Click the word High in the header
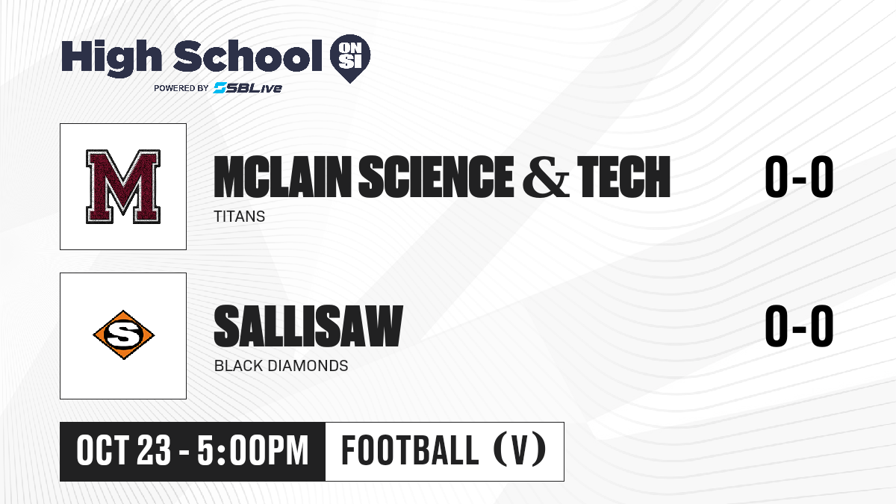click(x=111, y=58)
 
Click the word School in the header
click(x=248, y=55)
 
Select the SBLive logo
click(x=248, y=88)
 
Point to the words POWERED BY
click(x=181, y=88)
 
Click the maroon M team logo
click(x=123, y=187)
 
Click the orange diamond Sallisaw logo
click(x=124, y=335)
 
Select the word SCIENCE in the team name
click(x=436, y=177)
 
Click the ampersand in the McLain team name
click(x=546, y=178)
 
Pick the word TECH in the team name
click(x=623, y=177)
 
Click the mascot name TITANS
click(x=239, y=217)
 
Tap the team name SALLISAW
click(x=308, y=326)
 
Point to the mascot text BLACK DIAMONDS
click(x=281, y=366)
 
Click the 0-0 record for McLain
click(x=799, y=176)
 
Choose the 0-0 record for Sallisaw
click(x=799, y=326)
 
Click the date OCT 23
click(x=124, y=450)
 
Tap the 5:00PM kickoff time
click(x=253, y=450)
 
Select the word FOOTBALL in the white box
click(x=410, y=450)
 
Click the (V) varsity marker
click(x=520, y=449)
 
